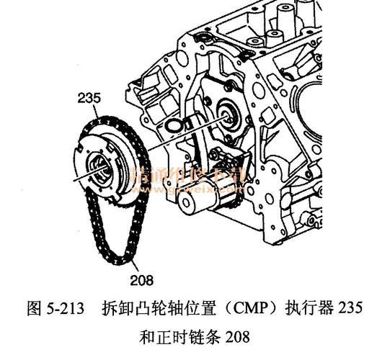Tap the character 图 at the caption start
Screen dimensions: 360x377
click(x=34, y=308)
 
